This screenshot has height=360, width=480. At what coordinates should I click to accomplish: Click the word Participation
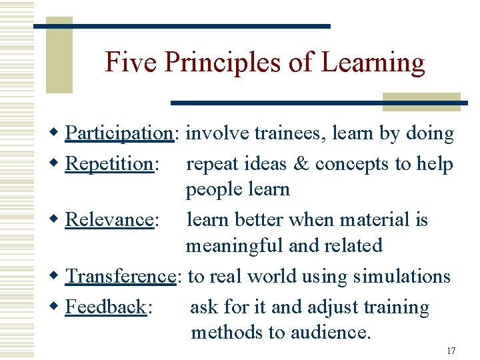pos(119,133)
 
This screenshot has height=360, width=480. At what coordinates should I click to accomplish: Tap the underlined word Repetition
pos(109,164)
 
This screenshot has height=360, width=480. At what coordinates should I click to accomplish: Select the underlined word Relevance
pos(109,220)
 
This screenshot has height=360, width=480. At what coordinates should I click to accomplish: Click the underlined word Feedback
pos(106,307)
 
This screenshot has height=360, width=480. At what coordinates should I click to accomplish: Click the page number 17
pos(451,351)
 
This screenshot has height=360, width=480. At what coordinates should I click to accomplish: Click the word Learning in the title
pos(373,63)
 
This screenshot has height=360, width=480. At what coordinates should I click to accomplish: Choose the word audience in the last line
pos(333,331)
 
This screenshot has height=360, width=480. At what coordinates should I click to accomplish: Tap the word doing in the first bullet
pos(429,133)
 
